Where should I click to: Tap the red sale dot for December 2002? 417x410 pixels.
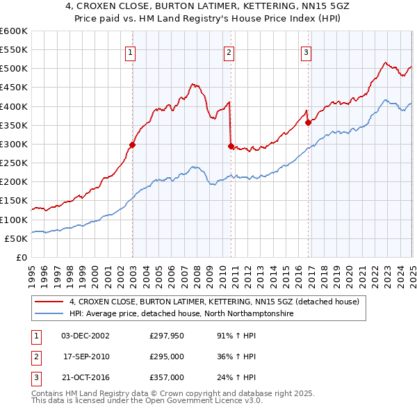click(131, 145)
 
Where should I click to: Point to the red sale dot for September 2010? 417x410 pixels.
click(231, 146)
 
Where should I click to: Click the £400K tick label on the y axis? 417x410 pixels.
click(13, 106)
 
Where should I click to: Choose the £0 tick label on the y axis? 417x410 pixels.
click(22, 257)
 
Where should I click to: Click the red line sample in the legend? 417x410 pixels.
click(49, 302)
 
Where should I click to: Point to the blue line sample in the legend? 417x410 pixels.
click(49, 314)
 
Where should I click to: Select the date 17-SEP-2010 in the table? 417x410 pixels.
click(85, 356)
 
